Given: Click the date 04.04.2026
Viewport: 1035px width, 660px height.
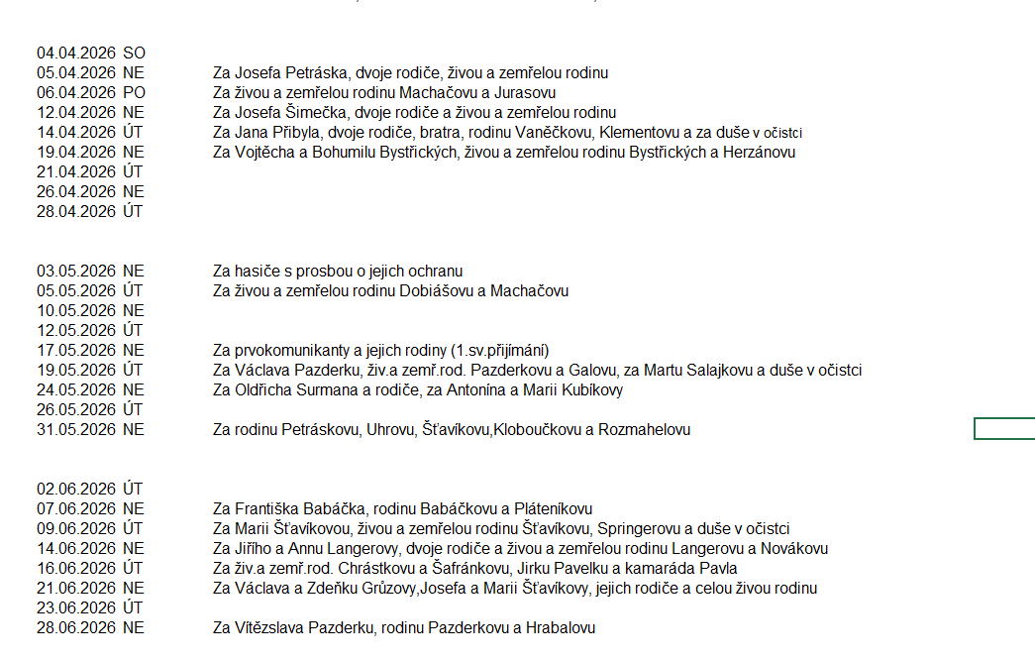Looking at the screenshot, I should coord(76,53).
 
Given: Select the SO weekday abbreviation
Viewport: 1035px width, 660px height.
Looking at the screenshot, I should coord(134,53).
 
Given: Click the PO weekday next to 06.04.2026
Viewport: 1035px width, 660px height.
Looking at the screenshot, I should coord(134,92).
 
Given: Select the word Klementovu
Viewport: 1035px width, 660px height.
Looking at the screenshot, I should coord(638,132).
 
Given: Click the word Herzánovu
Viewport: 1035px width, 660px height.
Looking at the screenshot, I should coord(755,152).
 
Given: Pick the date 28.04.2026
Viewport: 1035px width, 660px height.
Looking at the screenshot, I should coord(76,211).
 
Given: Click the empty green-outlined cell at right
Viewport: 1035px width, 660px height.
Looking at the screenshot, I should coord(1004,428).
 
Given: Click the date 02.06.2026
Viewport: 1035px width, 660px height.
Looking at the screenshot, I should coord(76,489).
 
